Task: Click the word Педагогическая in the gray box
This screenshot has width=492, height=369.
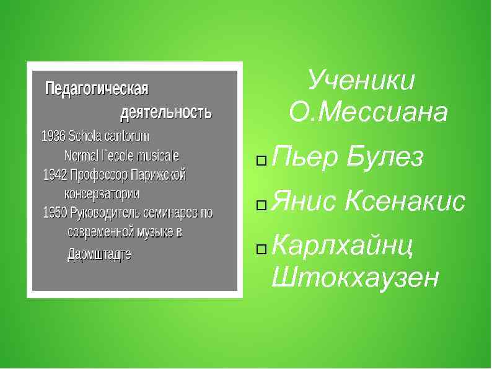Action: coord(97,89)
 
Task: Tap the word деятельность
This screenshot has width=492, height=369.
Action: coord(165,113)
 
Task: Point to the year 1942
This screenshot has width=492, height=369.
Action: coord(55,175)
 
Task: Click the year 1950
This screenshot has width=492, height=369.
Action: coord(55,213)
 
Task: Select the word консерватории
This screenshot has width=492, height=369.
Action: coord(102,194)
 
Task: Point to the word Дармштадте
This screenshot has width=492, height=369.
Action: coord(99,254)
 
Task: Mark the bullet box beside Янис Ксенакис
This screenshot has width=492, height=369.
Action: coord(261,204)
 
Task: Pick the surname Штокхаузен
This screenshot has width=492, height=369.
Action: coord(355,277)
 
